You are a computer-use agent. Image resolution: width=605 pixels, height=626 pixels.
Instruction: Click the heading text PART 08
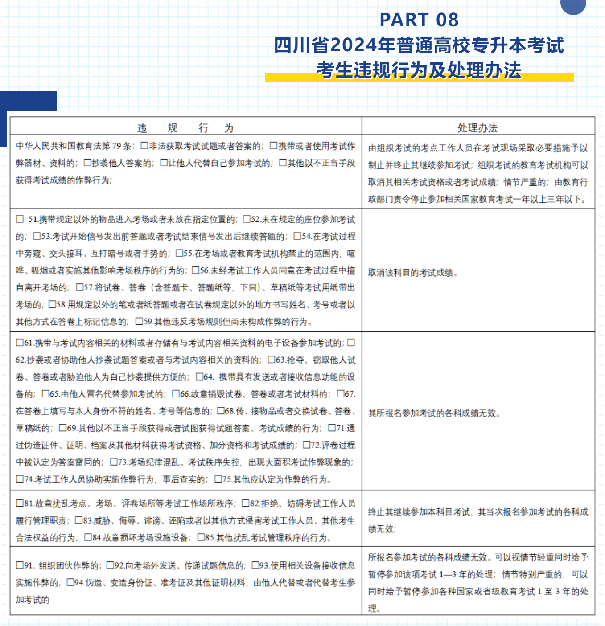(x=419, y=20)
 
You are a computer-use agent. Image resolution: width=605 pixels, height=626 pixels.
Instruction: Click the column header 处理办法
(x=477, y=128)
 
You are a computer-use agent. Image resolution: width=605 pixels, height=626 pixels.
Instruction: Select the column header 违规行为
(x=185, y=128)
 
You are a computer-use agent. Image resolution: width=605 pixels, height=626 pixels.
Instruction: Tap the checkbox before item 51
(x=20, y=219)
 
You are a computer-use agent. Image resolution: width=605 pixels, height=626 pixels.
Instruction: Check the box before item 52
(x=247, y=219)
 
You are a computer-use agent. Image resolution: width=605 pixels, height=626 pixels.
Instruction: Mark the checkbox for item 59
(x=140, y=321)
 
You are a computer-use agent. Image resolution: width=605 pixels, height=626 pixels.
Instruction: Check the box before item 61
(x=20, y=343)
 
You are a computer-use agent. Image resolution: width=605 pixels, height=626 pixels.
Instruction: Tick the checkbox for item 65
(x=45, y=394)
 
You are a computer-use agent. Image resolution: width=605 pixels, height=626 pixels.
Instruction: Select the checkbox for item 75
(x=218, y=479)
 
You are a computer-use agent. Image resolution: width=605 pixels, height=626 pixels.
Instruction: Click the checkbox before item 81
(x=20, y=503)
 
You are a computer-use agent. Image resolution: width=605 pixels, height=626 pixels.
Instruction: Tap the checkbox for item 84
(x=88, y=537)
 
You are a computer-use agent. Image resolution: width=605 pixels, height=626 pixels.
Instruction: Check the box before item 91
(x=20, y=565)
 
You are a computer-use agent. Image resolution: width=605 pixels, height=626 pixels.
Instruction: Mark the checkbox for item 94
(x=70, y=582)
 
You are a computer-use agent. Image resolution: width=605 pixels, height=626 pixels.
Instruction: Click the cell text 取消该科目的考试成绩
(x=412, y=273)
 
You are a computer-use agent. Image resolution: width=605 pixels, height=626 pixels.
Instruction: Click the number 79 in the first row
(x=117, y=146)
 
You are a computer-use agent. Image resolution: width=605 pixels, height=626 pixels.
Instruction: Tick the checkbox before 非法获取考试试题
(x=144, y=146)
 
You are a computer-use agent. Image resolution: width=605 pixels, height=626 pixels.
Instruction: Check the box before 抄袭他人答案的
(x=87, y=163)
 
